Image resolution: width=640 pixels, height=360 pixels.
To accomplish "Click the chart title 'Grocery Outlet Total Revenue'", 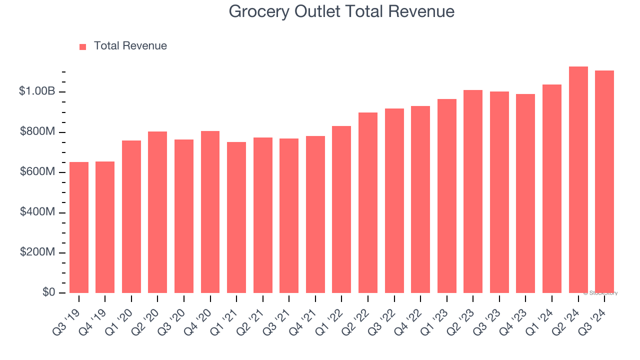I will point(341,11).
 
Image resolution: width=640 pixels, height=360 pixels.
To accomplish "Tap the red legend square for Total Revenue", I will point(83,46).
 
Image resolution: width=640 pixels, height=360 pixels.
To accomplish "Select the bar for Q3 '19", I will point(79,227).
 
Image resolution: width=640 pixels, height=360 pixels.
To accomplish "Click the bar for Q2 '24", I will point(578,180).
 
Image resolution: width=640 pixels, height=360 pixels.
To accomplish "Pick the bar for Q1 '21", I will point(236,217).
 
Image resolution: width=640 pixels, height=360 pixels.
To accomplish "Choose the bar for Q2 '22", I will point(368,202).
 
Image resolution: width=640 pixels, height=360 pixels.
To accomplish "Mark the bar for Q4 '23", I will point(525,193).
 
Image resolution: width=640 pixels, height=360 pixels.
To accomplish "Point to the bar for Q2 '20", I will point(157,212).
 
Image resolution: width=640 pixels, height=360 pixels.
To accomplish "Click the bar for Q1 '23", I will point(446,196).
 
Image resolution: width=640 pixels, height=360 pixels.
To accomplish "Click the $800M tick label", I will point(37,132).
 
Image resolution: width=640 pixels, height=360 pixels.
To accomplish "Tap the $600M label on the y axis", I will point(37,172).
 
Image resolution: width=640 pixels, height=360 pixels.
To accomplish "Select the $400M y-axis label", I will point(37,212).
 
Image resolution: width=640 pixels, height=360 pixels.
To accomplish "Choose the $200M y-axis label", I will point(37,252).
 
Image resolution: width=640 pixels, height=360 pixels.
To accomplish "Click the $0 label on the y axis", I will point(48,292).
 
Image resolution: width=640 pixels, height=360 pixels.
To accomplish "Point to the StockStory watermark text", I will point(600,293).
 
